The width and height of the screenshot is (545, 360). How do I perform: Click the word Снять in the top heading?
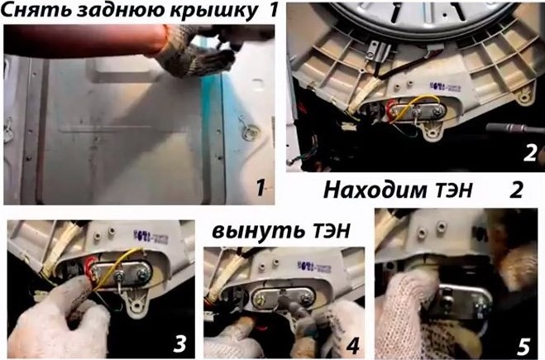click(x=36, y=11)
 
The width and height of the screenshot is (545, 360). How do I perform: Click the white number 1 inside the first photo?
click(x=261, y=188)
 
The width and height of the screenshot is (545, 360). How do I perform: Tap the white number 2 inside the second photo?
click(x=530, y=152)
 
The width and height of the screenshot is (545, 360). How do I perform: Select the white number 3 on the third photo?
click(x=179, y=343)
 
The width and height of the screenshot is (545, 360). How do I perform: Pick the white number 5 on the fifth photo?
click(x=523, y=347)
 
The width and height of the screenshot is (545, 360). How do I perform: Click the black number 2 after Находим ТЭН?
click(x=516, y=190)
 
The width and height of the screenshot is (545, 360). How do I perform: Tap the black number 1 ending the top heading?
click(x=274, y=10)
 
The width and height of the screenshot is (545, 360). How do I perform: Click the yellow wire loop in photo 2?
click(x=416, y=105)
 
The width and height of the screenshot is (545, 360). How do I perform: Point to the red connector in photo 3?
click(x=89, y=267)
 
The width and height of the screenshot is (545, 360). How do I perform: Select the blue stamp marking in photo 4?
click(x=313, y=266)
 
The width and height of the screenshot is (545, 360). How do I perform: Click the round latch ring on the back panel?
click(x=251, y=132)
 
